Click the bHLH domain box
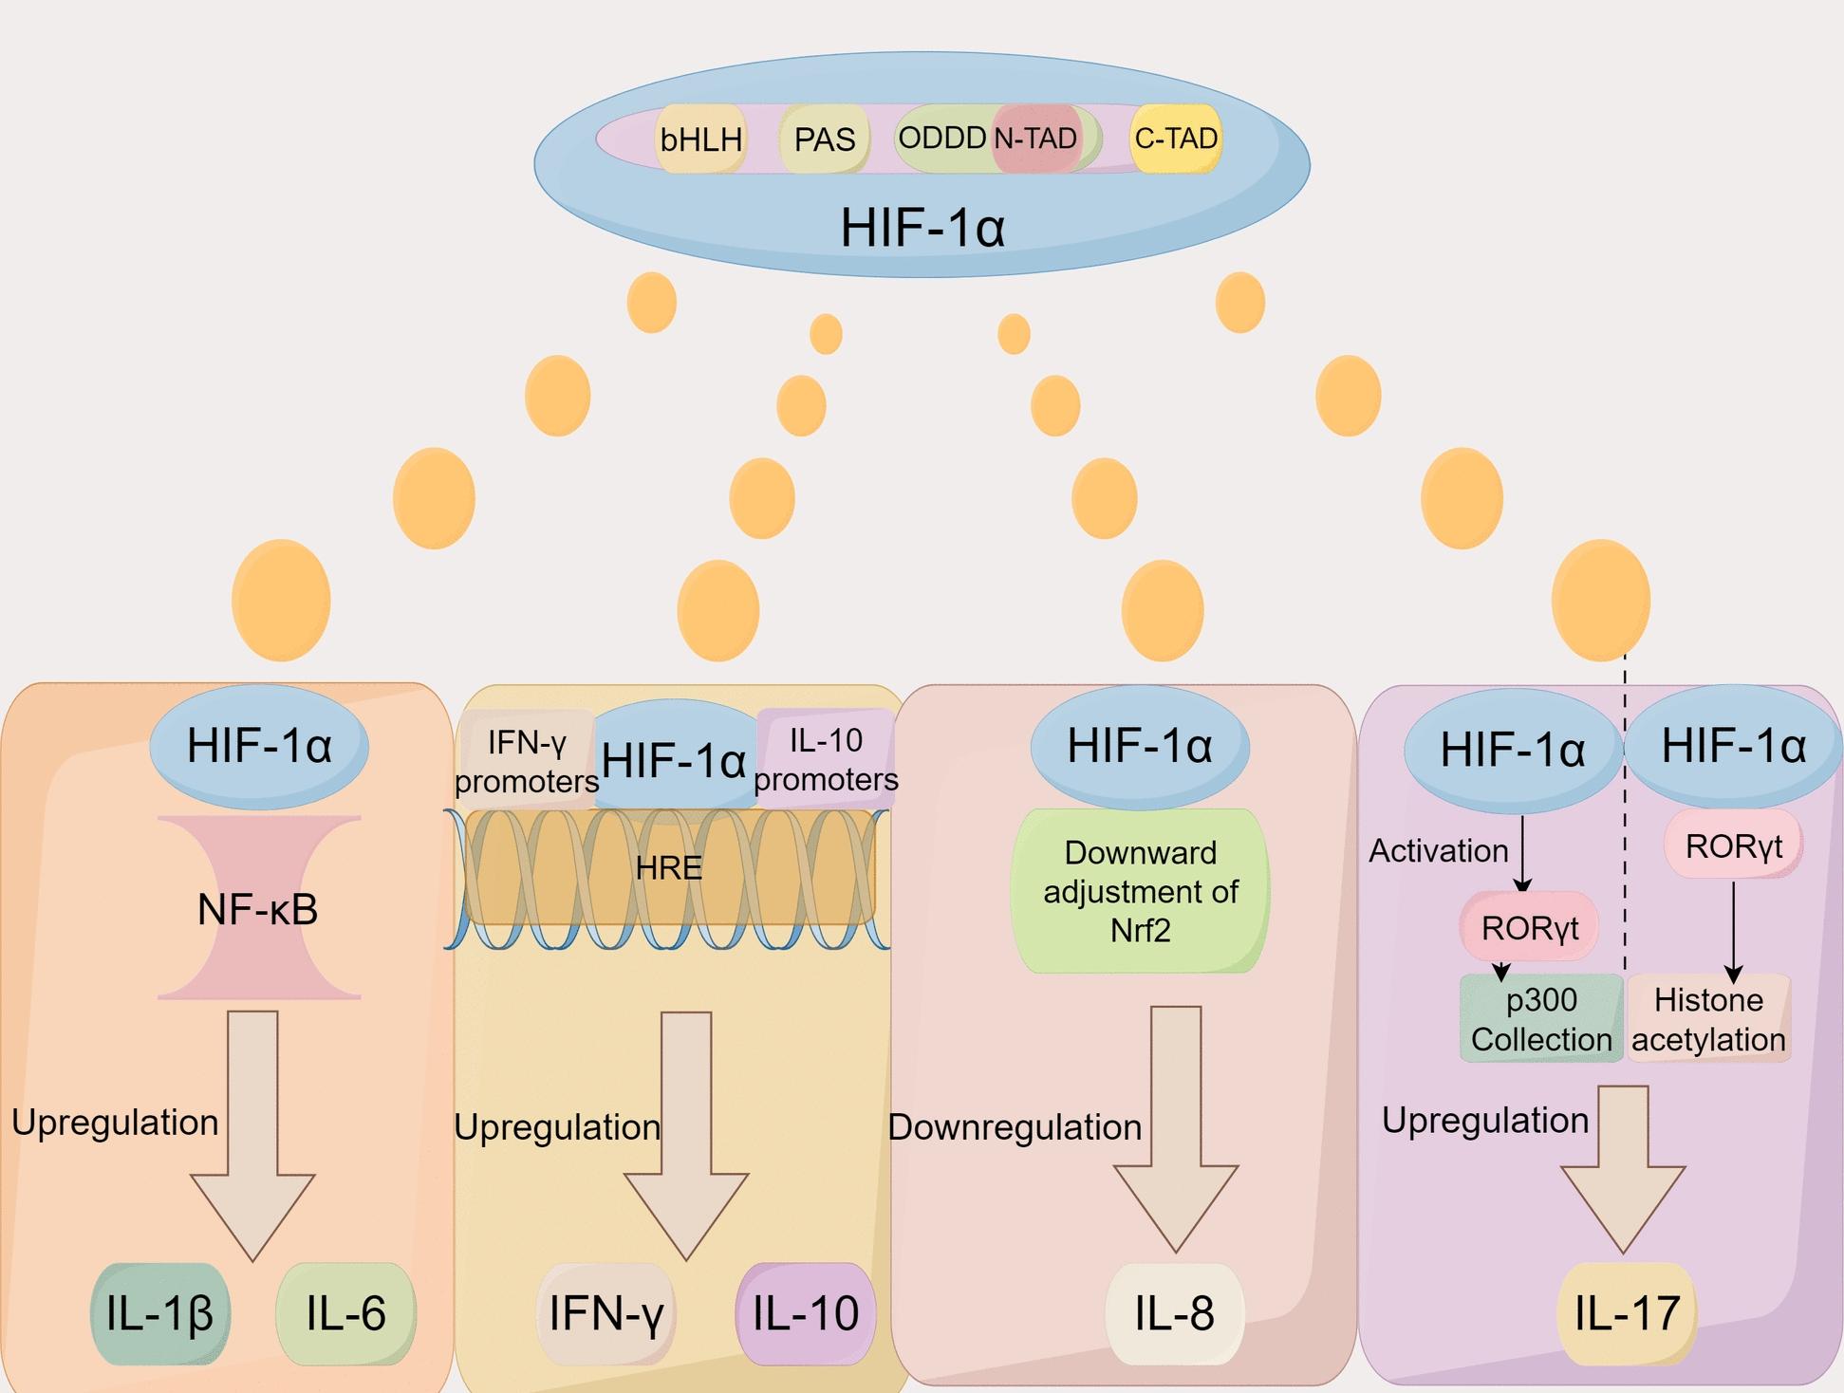coord(700,139)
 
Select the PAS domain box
coord(824,139)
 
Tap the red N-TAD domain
coord(1035,139)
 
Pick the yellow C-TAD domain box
coord(1176,139)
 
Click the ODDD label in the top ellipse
coord(941,139)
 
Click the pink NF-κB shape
coord(258,908)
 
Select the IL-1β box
coord(159,1313)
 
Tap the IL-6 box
coord(345,1313)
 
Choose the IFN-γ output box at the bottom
coord(605,1313)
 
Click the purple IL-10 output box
coord(805,1313)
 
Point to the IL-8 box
coord(1174,1313)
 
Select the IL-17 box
coord(1627,1313)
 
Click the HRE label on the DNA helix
coord(669,867)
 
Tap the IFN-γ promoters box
coord(527,761)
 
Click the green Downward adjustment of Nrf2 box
coord(1140,891)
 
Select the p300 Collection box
coord(1541,1019)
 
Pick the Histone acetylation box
coord(1708,1019)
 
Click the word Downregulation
coord(1015,1127)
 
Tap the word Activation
coord(1438,851)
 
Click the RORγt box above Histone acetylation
coord(1733,845)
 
